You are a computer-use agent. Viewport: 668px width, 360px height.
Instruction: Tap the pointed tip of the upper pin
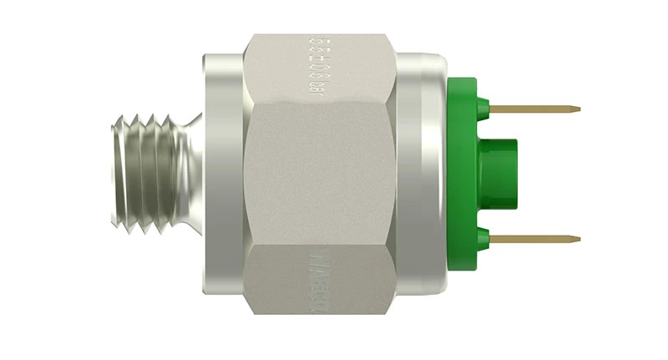coord(577,109)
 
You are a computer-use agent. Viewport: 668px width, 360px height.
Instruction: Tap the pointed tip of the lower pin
coord(577,240)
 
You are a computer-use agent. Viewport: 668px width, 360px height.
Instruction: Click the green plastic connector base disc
coord(461,175)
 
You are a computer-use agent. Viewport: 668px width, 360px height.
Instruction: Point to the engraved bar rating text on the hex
coord(316,64)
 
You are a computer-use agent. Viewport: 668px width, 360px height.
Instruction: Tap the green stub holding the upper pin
coord(482,109)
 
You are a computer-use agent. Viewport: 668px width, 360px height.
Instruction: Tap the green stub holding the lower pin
coord(482,240)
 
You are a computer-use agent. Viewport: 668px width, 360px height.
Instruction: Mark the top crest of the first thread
coord(125,119)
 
